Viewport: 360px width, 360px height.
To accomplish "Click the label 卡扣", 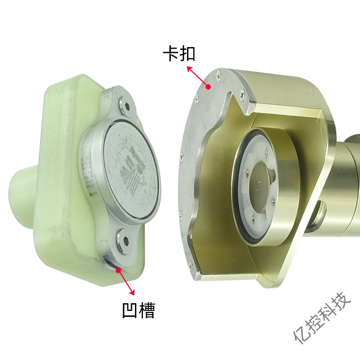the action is pyautogui.click(x=179, y=54).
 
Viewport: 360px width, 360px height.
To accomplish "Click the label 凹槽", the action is pyautogui.click(x=139, y=311).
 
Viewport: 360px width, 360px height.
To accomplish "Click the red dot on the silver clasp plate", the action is pyautogui.click(x=208, y=87).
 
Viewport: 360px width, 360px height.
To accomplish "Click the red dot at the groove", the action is pyautogui.click(x=118, y=270).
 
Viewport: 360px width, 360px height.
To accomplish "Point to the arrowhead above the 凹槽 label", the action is pyautogui.click(x=132, y=292).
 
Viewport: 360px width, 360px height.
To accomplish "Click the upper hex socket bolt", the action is pyautogui.click(x=127, y=106).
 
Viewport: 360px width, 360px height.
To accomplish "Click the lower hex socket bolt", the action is pyautogui.click(x=125, y=241).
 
